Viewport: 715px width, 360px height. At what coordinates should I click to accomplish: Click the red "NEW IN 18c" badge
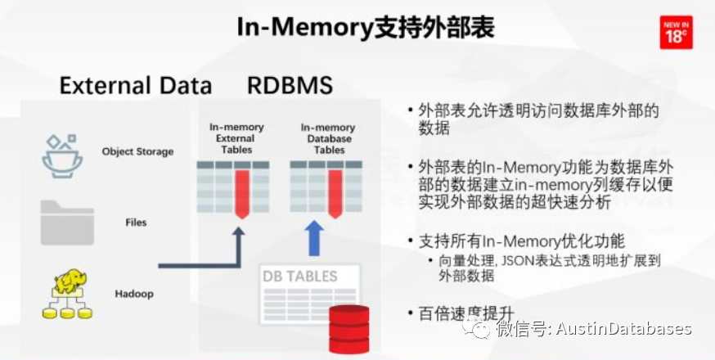(677, 32)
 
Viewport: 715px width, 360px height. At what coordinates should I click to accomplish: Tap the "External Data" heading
(136, 86)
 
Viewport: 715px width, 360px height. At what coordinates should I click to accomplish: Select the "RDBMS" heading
(290, 86)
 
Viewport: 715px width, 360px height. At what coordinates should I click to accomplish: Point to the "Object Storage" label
(137, 151)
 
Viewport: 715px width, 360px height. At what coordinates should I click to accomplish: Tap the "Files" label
(136, 222)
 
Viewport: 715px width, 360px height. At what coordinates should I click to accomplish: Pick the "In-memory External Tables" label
(236, 138)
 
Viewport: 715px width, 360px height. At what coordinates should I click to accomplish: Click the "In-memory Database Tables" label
(328, 138)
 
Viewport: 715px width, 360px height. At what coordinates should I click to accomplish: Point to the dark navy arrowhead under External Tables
(238, 235)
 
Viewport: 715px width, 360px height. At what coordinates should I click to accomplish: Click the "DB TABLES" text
(300, 276)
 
